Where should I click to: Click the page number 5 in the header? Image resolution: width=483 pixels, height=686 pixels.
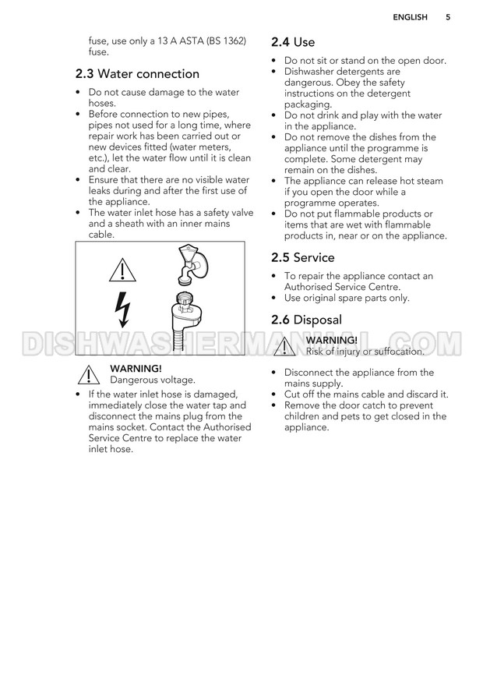(448, 16)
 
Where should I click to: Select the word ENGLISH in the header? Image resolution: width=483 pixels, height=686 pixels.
(410, 16)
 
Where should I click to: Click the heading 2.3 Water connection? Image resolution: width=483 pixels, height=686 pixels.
(137, 74)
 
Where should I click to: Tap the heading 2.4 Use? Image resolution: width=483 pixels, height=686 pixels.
(292, 42)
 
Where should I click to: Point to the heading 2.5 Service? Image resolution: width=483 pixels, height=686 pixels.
(302, 257)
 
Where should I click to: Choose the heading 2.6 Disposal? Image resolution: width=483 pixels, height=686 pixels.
(306, 320)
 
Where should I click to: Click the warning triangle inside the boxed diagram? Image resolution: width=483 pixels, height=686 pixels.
(122, 269)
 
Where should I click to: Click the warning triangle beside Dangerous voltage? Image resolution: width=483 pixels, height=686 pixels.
(91, 375)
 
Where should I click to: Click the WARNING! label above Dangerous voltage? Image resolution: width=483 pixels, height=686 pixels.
(136, 368)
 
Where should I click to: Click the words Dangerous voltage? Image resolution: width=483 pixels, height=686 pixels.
(153, 380)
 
